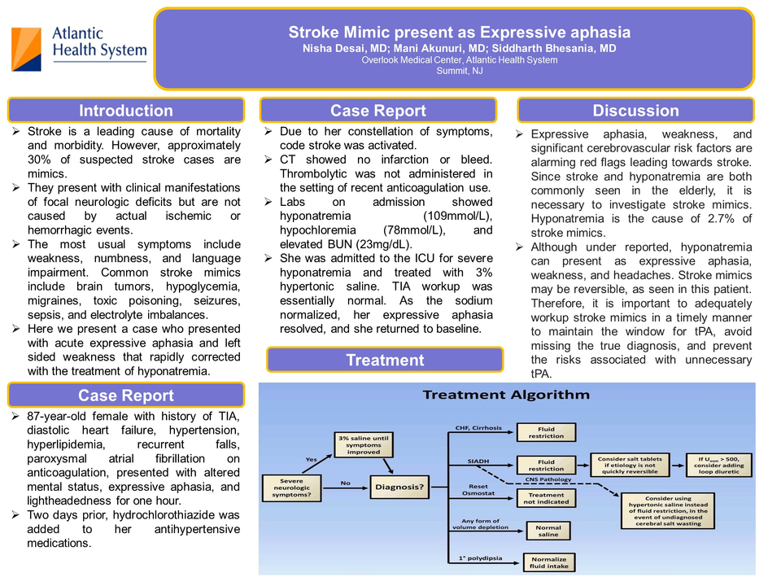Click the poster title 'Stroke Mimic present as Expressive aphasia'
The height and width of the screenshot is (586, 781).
459,33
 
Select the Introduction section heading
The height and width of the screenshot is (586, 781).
126,111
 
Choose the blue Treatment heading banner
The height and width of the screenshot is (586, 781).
385,360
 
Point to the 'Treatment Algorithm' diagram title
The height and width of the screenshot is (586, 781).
506,396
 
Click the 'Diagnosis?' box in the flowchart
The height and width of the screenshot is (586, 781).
398,488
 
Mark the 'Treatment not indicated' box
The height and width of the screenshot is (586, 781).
546,498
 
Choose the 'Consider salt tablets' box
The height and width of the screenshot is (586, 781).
629,464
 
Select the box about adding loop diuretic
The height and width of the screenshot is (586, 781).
719,464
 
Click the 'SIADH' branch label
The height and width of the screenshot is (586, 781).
478,461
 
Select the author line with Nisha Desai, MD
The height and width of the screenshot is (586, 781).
459,49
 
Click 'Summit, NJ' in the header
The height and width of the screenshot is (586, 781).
459,71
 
